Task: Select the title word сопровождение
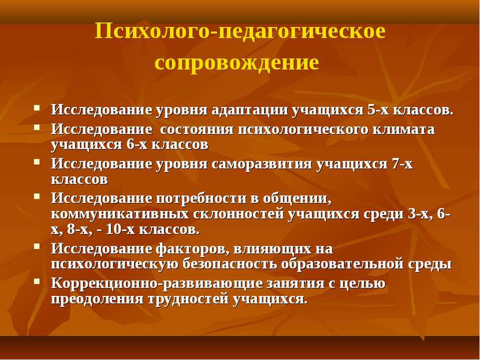coord(237,63)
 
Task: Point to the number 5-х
coord(378,110)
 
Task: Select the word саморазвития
coord(261,165)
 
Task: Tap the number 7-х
coord(402,164)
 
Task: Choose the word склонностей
coord(239,214)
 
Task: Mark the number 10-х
coord(120,229)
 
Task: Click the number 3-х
coord(420,214)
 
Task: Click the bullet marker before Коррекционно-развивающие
coord(37,281)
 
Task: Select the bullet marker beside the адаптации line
coord(37,107)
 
